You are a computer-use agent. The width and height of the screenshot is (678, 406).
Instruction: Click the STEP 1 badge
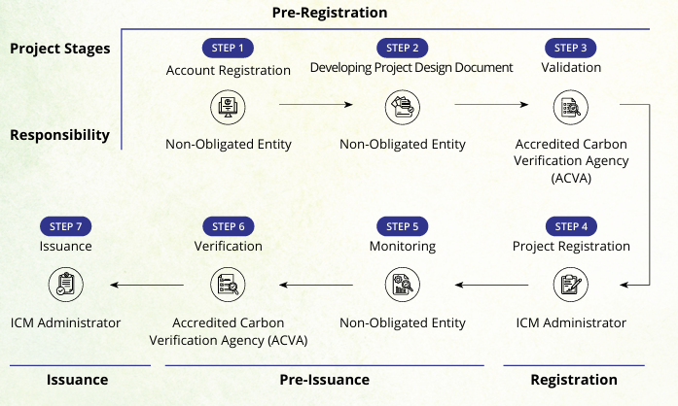click(x=228, y=48)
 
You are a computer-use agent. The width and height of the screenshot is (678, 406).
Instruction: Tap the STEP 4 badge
click(x=571, y=226)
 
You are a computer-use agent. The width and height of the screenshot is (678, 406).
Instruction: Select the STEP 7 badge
click(x=65, y=226)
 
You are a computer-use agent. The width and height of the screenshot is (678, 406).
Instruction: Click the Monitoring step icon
click(x=402, y=285)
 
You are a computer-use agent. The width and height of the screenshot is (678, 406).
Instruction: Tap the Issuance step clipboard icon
click(x=65, y=285)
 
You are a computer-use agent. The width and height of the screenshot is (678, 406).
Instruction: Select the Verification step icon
click(x=228, y=285)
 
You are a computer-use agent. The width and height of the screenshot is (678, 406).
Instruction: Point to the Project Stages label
click(x=60, y=50)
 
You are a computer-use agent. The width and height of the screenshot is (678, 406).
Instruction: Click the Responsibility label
click(x=60, y=135)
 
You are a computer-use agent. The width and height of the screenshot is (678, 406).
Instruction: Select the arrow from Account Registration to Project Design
click(x=314, y=103)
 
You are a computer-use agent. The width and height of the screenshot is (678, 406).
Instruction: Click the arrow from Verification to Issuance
click(x=147, y=285)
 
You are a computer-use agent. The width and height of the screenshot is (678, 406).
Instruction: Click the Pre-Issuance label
click(x=325, y=380)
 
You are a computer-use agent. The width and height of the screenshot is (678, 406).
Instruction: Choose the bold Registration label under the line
click(x=574, y=380)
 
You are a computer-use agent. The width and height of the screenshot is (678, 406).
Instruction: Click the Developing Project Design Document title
click(x=411, y=68)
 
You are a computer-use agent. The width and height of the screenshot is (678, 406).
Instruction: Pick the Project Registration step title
click(x=571, y=247)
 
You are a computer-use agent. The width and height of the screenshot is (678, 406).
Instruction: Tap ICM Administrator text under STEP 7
click(x=65, y=322)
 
